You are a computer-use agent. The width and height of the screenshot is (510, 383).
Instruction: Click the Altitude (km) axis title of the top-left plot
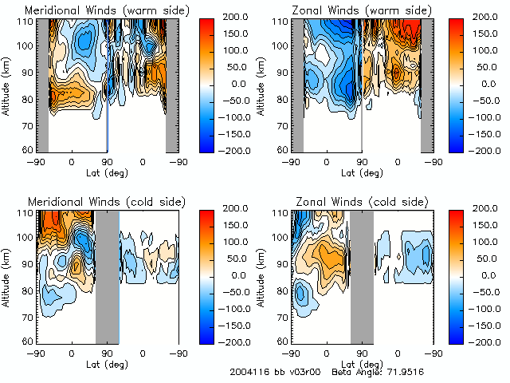(x=8, y=84)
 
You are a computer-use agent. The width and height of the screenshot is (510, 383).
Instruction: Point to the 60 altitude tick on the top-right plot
(x=284, y=149)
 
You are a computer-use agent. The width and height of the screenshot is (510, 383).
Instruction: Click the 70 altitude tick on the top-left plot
(x=29, y=125)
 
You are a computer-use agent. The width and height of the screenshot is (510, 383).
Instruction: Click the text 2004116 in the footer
(x=249, y=372)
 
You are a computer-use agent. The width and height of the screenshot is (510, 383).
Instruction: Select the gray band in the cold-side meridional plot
(x=108, y=275)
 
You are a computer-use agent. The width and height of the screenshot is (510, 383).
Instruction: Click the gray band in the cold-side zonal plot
(x=362, y=275)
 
